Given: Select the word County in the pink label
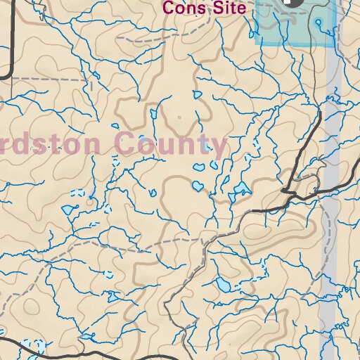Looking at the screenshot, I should [x=173, y=146].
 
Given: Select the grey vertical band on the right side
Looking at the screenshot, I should [x=329, y=211].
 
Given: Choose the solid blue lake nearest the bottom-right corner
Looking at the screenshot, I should [x=223, y=284].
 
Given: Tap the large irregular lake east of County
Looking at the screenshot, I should [x=241, y=189].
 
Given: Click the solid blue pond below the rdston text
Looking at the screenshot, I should [x=69, y=209].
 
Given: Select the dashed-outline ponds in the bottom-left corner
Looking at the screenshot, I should [x=32, y=346].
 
